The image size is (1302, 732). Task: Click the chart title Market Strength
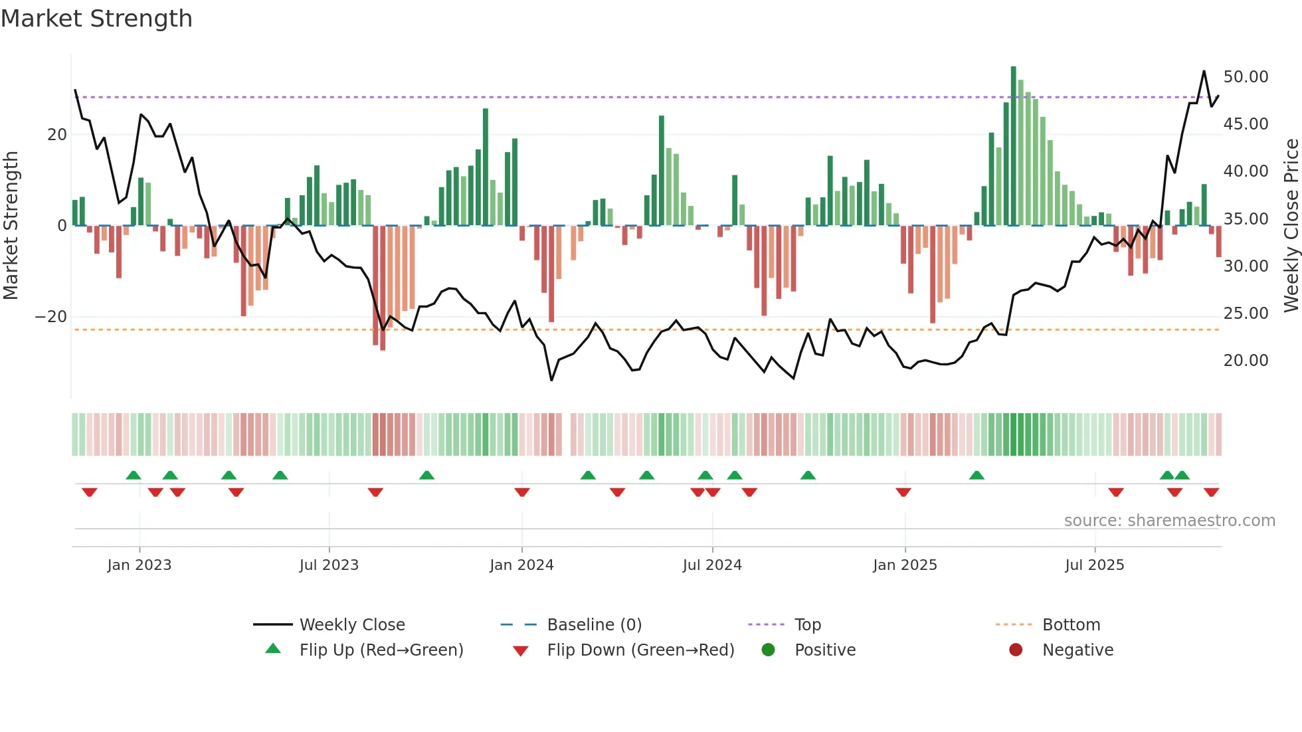[96, 19]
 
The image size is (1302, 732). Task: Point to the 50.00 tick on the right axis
[1246, 77]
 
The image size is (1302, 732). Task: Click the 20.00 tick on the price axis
[1246, 361]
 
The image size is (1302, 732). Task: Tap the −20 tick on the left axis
[51, 317]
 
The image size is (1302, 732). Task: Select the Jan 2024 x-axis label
[521, 565]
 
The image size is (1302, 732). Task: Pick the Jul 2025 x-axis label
[1094, 565]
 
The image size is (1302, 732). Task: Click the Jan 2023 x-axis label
[139, 565]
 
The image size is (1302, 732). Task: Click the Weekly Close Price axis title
[1291, 226]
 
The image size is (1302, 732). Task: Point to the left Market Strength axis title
[11, 226]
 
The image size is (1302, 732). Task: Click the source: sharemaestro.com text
[1169, 521]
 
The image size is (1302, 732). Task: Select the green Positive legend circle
[769, 650]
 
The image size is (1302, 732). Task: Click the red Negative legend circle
[1016, 650]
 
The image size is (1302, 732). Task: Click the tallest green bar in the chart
[1014, 146]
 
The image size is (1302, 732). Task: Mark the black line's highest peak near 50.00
[1204, 71]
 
